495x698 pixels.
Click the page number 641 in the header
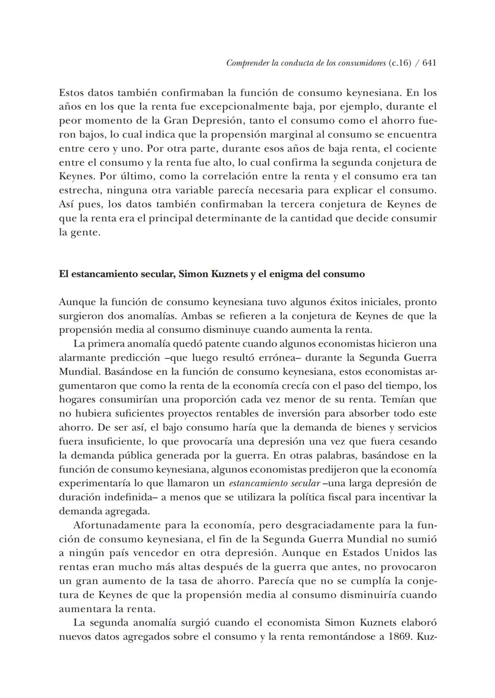click(429, 63)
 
